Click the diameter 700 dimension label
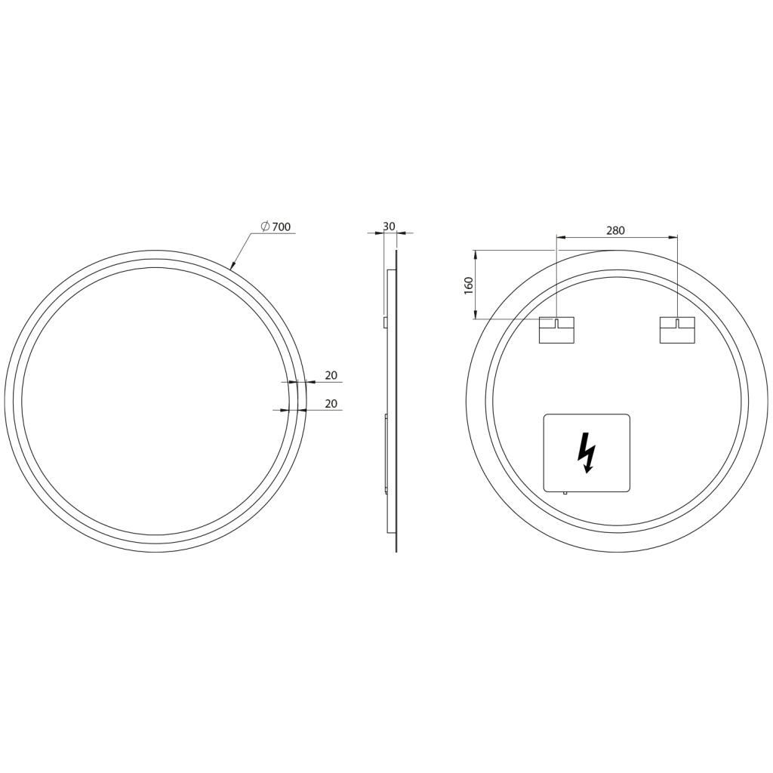pyautogui.click(x=276, y=226)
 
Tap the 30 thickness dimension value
pyautogui.click(x=389, y=226)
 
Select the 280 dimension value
pyautogui.click(x=616, y=230)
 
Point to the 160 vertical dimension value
pyautogui.click(x=468, y=285)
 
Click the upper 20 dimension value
pyautogui.click(x=331, y=375)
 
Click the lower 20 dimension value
pyautogui.click(x=331, y=403)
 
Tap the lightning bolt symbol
pyautogui.click(x=586, y=453)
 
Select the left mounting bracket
pyautogui.click(x=556, y=331)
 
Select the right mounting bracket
pyautogui.click(x=677, y=331)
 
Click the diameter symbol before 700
pyautogui.click(x=265, y=226)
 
